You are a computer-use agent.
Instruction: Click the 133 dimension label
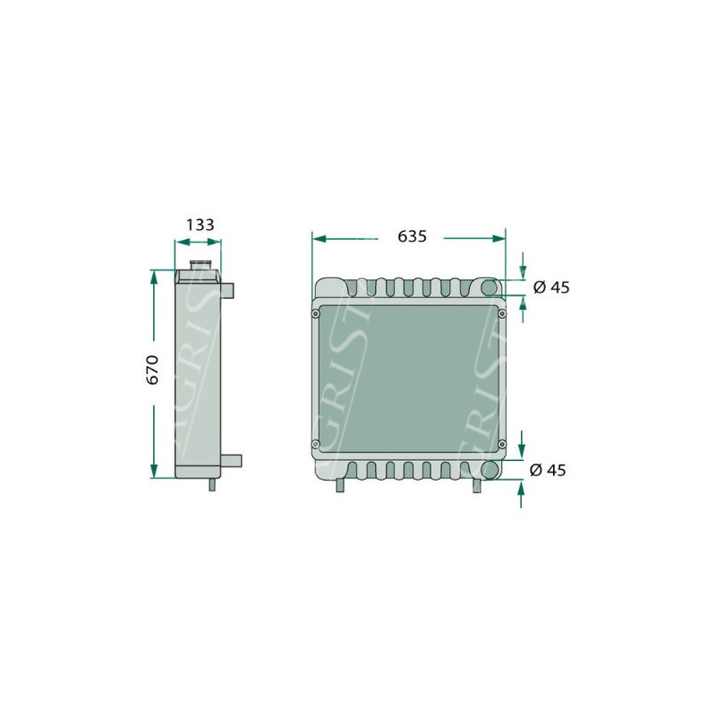200,225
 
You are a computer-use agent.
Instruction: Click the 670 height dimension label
152,370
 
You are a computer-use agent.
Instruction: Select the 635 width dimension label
412,236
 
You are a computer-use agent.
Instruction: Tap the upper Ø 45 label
551,287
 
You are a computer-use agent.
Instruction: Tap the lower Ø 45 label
548,470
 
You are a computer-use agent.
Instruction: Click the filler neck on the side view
200,264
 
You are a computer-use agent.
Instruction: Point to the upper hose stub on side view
227,290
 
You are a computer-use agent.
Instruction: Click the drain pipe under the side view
212,484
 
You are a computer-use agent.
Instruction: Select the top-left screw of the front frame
315,314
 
